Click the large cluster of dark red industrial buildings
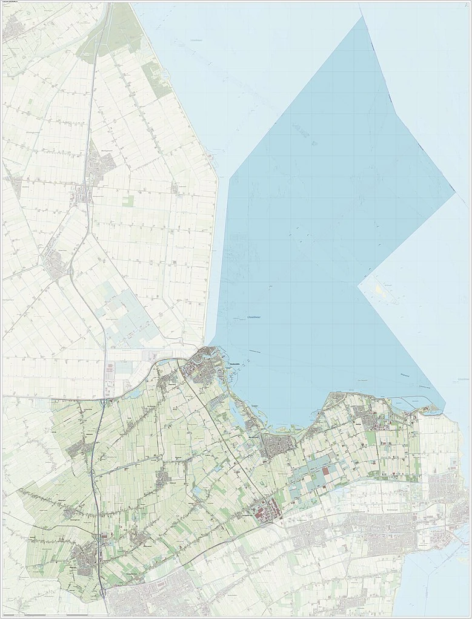click(267, 514)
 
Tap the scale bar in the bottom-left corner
click(24, 615)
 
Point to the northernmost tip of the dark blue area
click(363, 17)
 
